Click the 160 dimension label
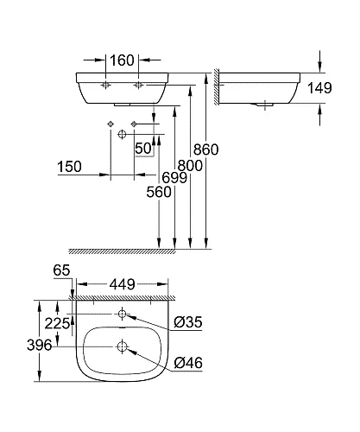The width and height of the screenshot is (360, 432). tap(121, 61)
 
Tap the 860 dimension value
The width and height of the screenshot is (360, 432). tap(207, 149)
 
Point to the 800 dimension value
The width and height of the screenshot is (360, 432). tap(189, 164)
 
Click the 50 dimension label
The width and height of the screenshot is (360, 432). tap(142, 149)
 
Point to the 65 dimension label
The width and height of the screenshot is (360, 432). tap(60, 270)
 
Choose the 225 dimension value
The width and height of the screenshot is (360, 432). tap(56, 324)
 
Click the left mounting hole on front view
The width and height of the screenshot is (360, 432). tap(104, 87)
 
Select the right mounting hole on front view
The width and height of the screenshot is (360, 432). tap(138, 87)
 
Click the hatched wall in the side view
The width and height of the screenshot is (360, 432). tap(219, 86)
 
